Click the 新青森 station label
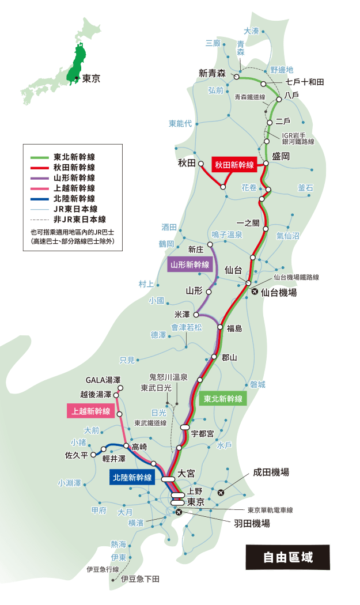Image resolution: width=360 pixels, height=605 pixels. (x=211, y=73)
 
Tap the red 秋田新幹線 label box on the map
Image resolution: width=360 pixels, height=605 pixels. (x=234, y=165)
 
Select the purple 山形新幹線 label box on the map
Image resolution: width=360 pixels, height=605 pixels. (x=190, y=265)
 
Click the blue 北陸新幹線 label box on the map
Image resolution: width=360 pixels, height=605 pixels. (x=132, y=477)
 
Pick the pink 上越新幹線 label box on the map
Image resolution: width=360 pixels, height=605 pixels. (x=90, y=411)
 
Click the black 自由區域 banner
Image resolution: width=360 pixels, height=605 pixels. (x=288, y=557)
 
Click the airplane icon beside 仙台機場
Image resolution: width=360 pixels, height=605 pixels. (x=255, y=292)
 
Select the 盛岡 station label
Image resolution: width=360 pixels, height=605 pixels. (x=281, y=157)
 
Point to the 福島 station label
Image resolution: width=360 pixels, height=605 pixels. (x=234, y=328)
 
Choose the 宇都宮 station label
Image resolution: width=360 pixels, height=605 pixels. (x=202, y=433)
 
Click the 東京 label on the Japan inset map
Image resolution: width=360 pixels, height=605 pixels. (x=90, y=78)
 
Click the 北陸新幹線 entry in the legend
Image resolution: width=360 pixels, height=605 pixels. (x=74, y=198)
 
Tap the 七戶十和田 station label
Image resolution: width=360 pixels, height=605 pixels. (x=305, y=82)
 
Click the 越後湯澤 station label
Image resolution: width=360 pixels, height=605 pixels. (x=96, y=395)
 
